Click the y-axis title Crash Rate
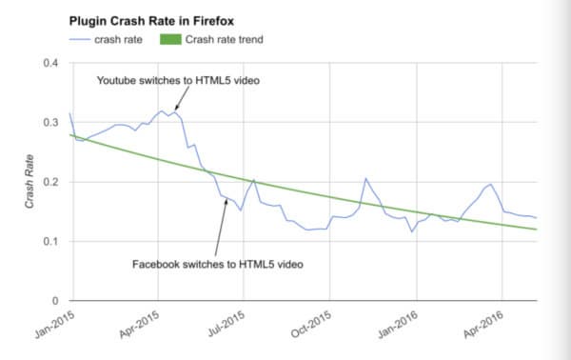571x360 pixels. coord(30,182)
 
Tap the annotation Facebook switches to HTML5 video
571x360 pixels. coord(218,262)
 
